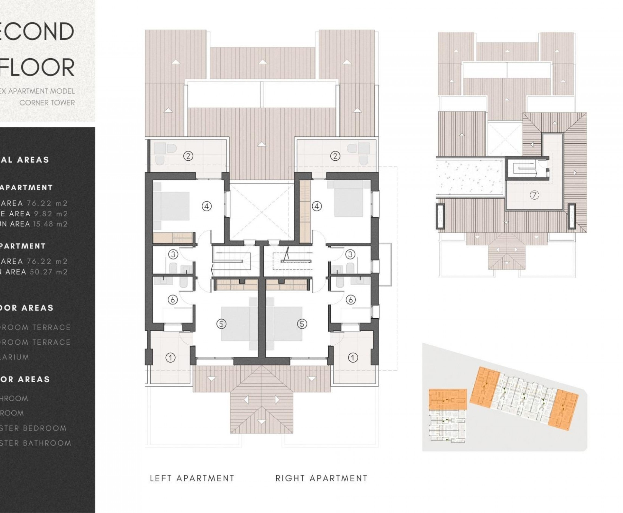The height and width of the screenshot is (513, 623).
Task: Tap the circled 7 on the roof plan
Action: pos(534,195)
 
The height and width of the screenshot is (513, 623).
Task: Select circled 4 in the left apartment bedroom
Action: pos(207,206)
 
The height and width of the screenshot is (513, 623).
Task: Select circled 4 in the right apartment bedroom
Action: pos(317,206)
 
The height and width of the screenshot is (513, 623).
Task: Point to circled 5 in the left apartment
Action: pos(221,324)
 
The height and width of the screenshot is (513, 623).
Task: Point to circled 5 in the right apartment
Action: pos(302,324)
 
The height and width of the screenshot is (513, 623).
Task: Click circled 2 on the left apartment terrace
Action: pos(188,156)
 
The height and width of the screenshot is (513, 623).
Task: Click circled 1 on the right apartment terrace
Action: pos(353,358)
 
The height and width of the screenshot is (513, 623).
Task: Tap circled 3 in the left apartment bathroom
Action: pos(173,254)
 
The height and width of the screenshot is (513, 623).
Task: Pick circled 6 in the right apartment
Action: pos(351,300)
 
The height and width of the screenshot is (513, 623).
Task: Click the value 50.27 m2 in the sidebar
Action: pos(49,272)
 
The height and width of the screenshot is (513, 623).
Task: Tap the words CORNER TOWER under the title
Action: pos(47,103)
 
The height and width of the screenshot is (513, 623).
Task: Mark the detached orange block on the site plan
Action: pos(448,400)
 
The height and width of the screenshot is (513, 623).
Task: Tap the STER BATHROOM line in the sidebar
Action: pos(35,443)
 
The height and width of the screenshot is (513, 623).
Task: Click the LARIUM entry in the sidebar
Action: pos(15,357)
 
